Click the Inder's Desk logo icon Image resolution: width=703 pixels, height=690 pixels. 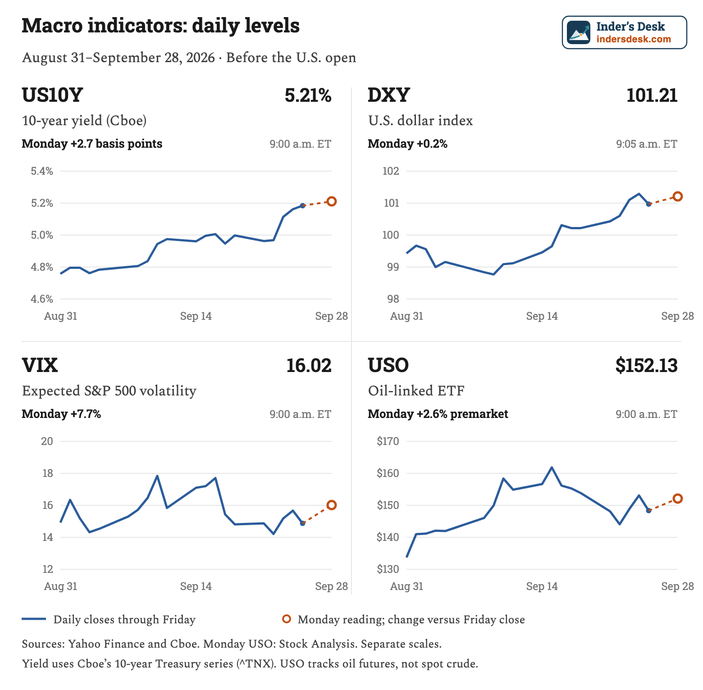click(x=579, y=32)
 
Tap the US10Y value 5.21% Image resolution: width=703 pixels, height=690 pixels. click(x=308, y=95)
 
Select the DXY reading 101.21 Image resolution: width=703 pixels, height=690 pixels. click(x=652, y=95)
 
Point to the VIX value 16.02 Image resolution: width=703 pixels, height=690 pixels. click(x=309, y=365)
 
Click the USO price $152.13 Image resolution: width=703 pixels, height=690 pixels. click(x=647, y=365)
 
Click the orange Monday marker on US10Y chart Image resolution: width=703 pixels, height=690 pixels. click(x=332, y=201)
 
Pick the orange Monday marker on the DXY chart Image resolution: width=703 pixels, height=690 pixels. click(x=678, y=196)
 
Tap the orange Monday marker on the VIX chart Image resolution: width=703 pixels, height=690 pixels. click(x=332, y=505)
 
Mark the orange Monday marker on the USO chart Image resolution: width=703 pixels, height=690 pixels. click(x=678, y=499)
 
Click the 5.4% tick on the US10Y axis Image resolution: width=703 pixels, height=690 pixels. click(x=42, y=171)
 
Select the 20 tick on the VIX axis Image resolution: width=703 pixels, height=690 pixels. click(x=47, y=441)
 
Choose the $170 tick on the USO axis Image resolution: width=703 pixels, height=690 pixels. click(x=388, y=441)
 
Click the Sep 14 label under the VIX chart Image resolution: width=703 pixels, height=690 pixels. click(x=196, y=586)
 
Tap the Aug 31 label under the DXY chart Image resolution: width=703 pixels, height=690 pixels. click(x=407, y=316)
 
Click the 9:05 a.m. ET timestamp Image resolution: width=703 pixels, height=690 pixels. click(x=647, y=144)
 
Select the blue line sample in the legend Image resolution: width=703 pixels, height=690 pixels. click(x=34, y=619)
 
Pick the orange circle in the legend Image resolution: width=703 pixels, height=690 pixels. click(x=287, y=619)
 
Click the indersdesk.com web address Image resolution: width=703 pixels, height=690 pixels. click(x=634, y=39)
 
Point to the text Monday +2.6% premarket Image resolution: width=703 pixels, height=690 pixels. click(x=438, y=414)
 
